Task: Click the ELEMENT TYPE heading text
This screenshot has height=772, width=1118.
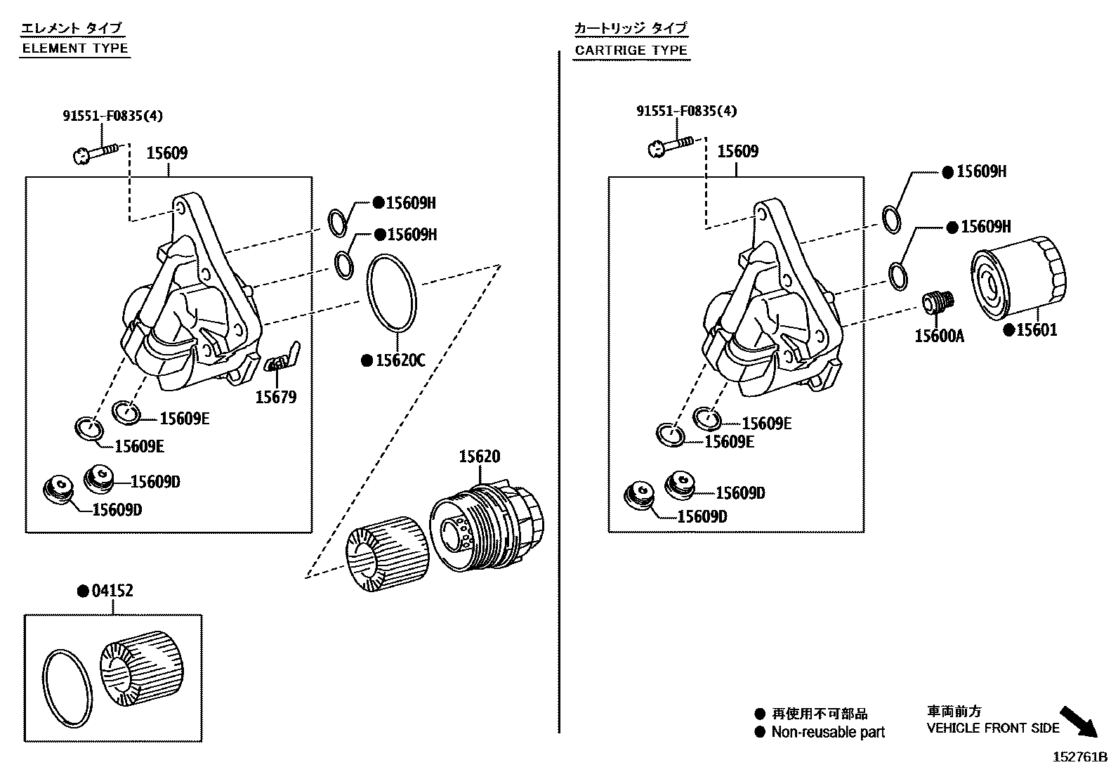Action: coord(75,48)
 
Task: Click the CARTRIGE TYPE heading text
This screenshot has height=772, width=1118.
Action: coord(631,51)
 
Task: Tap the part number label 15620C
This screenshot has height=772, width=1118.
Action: coord(400,360)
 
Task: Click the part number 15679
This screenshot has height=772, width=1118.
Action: coord(275,398)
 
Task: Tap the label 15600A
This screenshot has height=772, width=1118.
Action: coord(939,336)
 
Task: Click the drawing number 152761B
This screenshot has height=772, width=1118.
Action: coord(1079,757)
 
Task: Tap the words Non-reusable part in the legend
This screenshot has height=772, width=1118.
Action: coord(827,732)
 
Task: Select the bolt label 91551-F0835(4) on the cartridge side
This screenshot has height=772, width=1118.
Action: coord(686,111)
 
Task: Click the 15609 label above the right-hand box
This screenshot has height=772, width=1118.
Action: coord(737,151)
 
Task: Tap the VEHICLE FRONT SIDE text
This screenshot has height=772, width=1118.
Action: coord(992,728)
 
